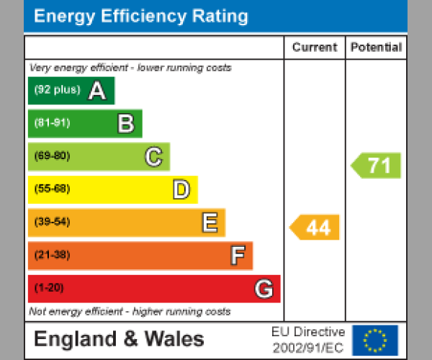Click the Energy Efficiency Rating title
(141, 17)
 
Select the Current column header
(315, 48)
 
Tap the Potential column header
(376, 48)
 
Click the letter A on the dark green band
(96, 91)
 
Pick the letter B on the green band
(125, 124)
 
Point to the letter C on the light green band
(153, 156)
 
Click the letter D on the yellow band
(181, 190)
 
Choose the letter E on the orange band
(209, 223)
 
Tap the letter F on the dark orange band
(237, 256)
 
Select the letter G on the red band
(264, 289)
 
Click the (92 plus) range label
(57, 91)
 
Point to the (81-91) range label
(52, 123)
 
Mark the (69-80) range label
(52, 156)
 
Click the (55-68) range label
(52, 189)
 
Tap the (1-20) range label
(49, 289)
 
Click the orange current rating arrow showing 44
(315, 228)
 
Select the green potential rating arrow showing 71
(377, 166)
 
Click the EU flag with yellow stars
(374, 340)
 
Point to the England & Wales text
(119, 339)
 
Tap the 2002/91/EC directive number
(308, 347)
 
